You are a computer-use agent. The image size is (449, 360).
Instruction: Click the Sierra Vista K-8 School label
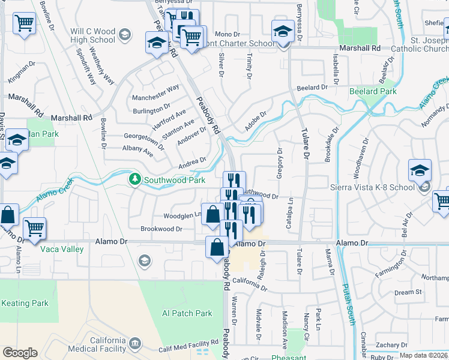(373, 187)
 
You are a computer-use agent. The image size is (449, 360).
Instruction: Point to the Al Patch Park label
(187, 313)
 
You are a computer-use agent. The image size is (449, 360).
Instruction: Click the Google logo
(19, 353)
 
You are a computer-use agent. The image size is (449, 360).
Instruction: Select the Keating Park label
(24, 303)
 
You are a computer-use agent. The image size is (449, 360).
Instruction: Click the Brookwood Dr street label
(161, 229)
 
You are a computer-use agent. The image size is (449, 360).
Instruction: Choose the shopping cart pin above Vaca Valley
(34, 229)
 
